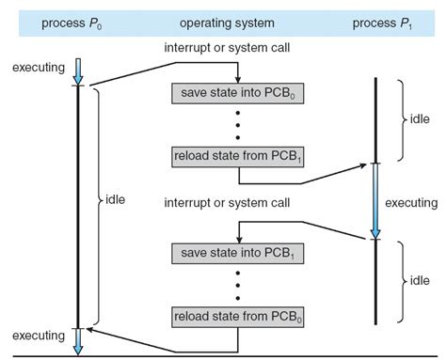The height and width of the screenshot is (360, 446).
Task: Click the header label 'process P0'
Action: click(70, 22)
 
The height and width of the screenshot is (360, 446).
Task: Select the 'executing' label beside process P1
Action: click(411, 202)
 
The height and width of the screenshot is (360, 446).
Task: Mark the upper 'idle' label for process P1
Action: click(422, 120)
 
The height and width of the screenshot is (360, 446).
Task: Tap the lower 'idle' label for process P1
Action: click(422, 280)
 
